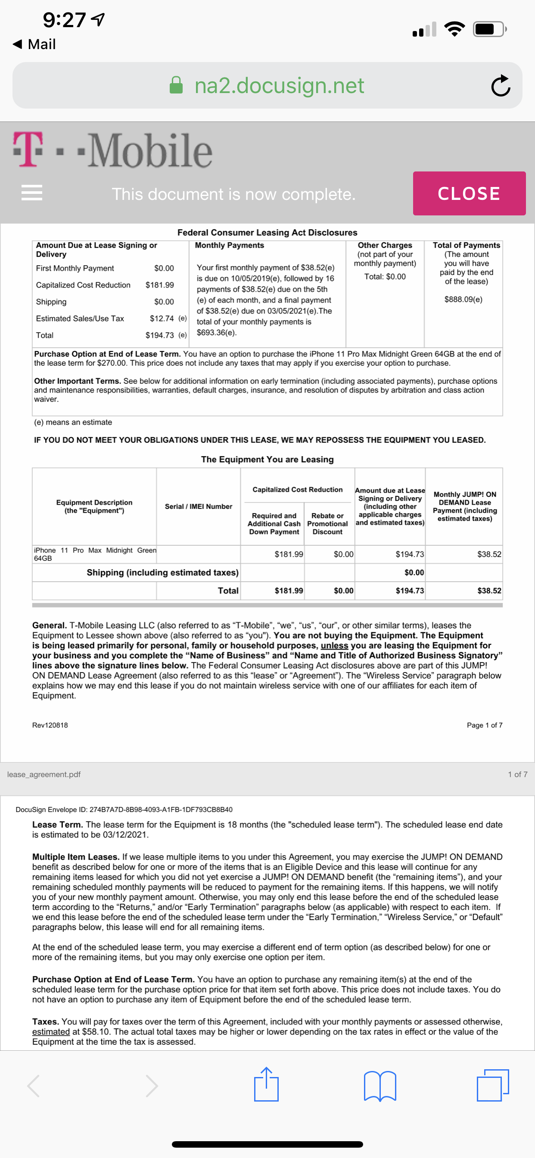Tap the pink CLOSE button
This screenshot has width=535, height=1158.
pyautogui.click(x=469, y=193)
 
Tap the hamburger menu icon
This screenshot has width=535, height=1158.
pyautogui.click(x=32, y=193)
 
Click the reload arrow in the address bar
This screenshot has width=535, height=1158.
pyautogui.click(x=501, y=85)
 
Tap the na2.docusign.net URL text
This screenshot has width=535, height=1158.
pyautogui.click(x=279, y=85)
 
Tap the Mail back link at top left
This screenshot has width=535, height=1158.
pyautogui.click(x=35, y=44)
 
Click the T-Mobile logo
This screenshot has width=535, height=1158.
pyautogui.click(x=112, y=150)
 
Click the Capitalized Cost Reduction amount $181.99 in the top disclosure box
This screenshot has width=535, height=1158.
pyautogui.click(x=160, y=285)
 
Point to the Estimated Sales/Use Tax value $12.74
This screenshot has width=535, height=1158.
pyautogui.click(x=162, y=318)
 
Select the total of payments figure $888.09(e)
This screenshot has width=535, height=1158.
pyautogui.click(x=463, y=299)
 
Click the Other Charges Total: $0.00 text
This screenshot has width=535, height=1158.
pyautogui.click(x=385, y=277)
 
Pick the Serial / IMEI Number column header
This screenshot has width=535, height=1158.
pyautogui.click(x=198, y=506)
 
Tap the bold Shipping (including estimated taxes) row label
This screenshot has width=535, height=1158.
pyautogui.click(x=162, y=572)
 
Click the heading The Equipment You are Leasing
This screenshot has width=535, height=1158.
pyautogui.click(x=267, y=459)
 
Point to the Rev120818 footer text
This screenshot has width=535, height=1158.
pyautogui.click(x=50, y=725)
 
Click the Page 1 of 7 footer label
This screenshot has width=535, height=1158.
pyautogui.click(x=484, y=725)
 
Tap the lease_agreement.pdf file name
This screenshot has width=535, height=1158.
pyautogui.click(x=44, y=774)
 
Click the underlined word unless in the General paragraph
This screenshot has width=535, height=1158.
pyautogui.click(x=334, y=645)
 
